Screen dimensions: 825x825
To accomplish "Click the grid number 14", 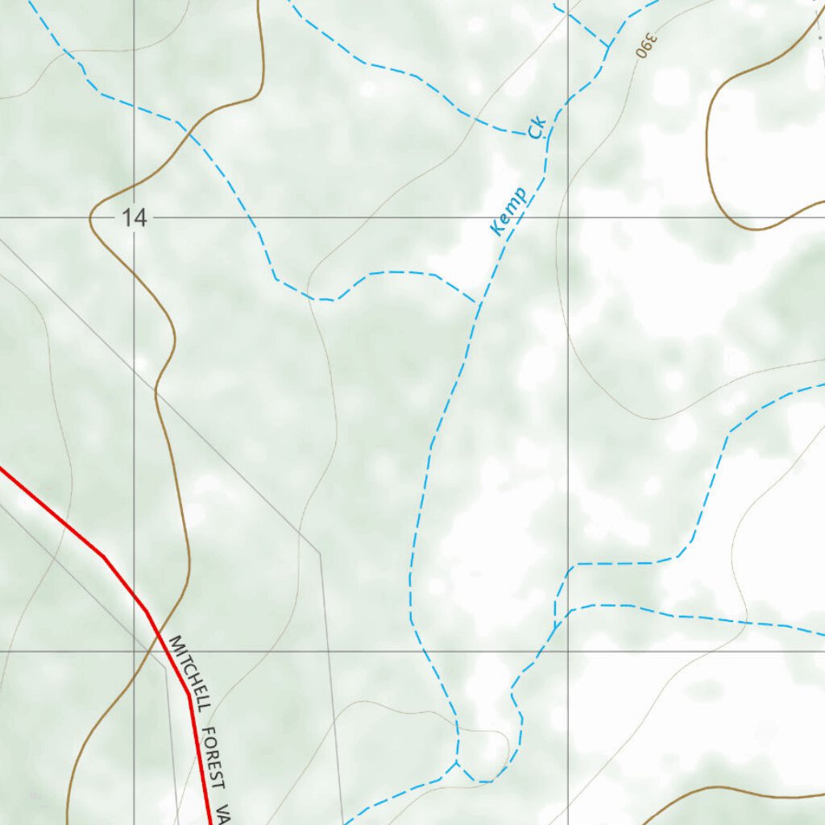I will tap(135, 218).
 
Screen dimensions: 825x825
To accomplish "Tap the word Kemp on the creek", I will tap(508, 211).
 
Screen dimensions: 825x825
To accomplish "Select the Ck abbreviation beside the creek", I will tap(538, 128).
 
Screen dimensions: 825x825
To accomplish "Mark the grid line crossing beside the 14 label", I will tap(134, 218).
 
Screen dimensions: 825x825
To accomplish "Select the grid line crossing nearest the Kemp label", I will tap(568, 218).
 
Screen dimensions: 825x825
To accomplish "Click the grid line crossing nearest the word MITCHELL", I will tap(134, 651).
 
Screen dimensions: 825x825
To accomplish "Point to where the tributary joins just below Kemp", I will tap(479, 304).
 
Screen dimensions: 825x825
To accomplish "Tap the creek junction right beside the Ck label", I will tap(548, 135).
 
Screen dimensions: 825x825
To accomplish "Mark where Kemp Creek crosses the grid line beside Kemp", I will tap(516, 218).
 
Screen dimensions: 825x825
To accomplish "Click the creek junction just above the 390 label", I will tap(608, 47).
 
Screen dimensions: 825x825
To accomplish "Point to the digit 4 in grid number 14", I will tap(141, 218).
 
